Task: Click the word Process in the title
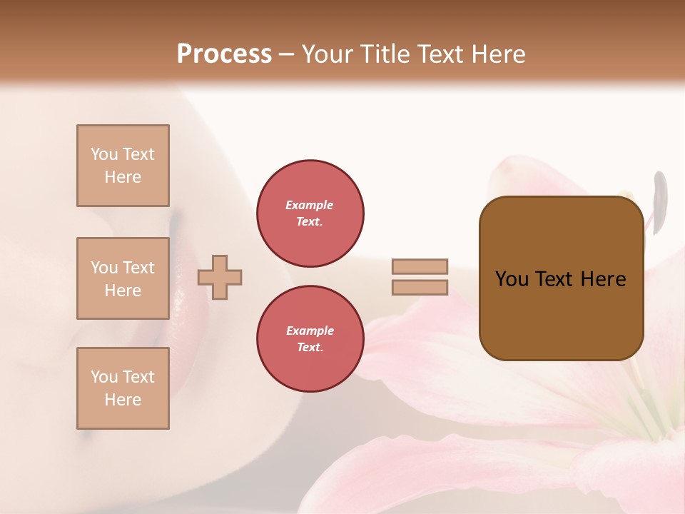224,54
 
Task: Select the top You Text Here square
123,166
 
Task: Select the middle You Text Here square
123,278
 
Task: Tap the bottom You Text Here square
123,388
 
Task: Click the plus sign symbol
220,277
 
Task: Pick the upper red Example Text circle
310,213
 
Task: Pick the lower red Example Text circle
310,339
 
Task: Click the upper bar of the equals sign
420,266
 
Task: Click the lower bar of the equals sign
420,287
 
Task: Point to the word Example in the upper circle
310,205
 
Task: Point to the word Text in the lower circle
309,348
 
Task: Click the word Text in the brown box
555,279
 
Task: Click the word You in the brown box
512,279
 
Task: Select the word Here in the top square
123,177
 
